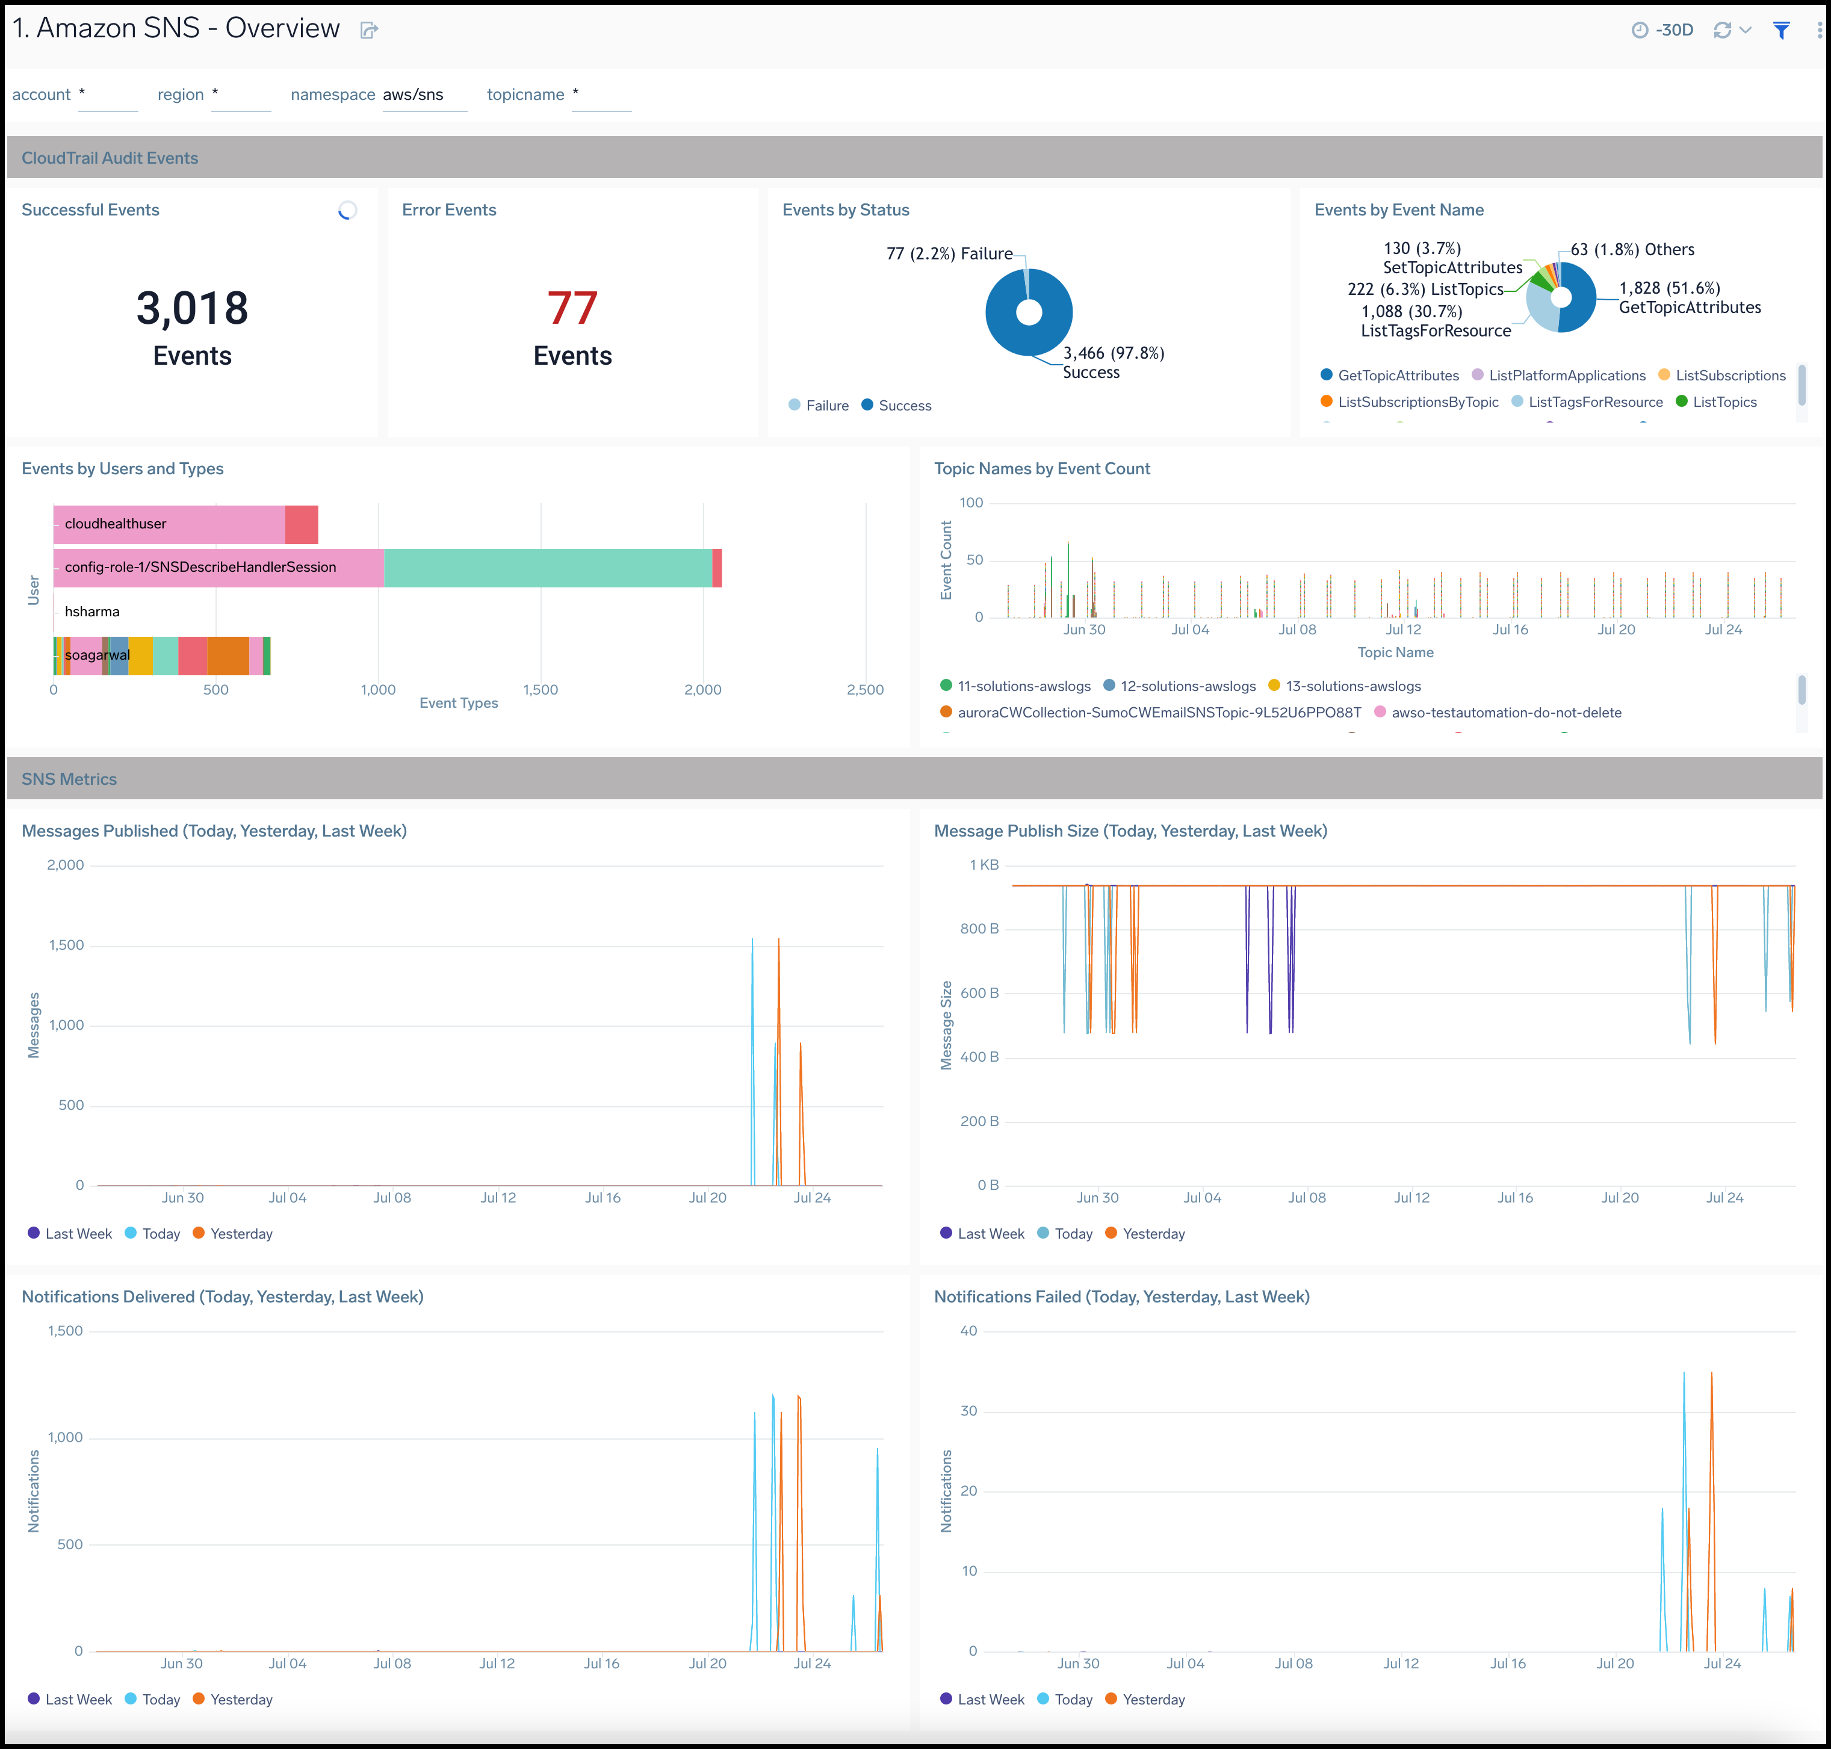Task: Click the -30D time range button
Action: click(x=1664, y=30)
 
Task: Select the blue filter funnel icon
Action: click(x=1780, y=31)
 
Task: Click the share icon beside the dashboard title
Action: click(x=369, y=31)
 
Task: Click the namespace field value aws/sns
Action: click(x=413, y=94)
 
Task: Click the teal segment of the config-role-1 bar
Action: click(x=547, y=568)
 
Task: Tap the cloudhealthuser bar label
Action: click(x=116, y=524)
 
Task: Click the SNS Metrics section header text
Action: click(x=69, y=778)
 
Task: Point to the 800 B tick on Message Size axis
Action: click(x=979, y=929)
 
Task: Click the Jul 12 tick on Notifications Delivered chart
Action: click(x=497, y=1663)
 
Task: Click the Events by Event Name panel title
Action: click(x=1398, y=210)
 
